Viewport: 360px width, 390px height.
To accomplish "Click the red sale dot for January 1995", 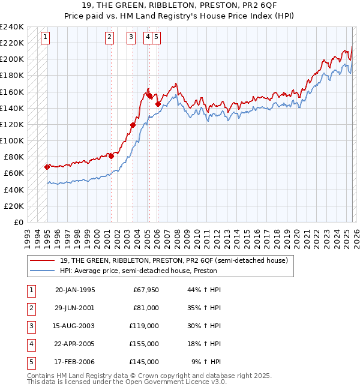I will (x=47, y=167).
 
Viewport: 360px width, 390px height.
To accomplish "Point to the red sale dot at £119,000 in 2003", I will (x=133, y=125).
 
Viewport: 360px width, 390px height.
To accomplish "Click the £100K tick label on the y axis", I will (x=12, y=140).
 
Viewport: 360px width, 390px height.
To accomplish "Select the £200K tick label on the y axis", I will (x=12, y=59).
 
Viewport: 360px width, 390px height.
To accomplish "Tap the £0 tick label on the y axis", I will (x=18, y=222).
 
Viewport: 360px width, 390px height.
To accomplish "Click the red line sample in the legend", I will (x=43, y=260).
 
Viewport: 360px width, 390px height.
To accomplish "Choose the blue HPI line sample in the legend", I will (x=43, y=271).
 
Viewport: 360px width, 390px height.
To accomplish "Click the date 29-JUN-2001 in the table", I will (x=74, y=308).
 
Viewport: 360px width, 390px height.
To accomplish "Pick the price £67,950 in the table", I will (x=145, y=290).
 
